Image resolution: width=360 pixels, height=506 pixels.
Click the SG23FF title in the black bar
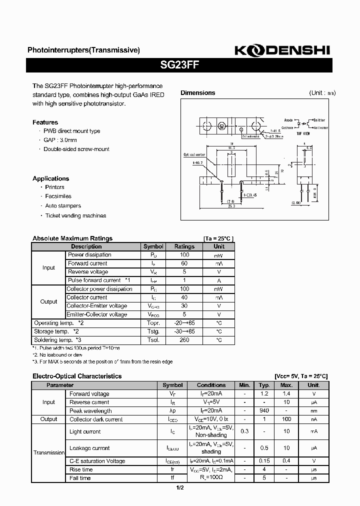tap(179, 64)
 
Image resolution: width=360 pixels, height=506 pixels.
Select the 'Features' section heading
tap(45, 122)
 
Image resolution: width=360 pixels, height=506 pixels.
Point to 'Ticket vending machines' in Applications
tap(75, 215)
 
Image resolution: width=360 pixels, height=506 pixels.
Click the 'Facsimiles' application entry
tap(58, 196)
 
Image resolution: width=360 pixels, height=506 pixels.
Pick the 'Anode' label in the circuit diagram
tap(288, 120)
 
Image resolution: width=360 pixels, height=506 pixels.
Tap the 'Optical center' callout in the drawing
tap(195, 155)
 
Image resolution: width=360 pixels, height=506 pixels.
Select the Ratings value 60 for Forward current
tap(184, 263)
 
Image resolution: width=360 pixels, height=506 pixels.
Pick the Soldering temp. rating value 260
tap(184, 340)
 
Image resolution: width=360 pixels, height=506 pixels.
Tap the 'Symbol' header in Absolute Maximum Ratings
tap(153, 246)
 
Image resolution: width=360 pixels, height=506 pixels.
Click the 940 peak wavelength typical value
tap(264, 410)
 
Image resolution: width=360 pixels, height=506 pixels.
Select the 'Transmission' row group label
tap(49, 452)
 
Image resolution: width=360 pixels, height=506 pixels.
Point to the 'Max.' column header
tap(286, 385)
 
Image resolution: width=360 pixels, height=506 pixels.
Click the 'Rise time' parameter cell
tap(81, 469)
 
